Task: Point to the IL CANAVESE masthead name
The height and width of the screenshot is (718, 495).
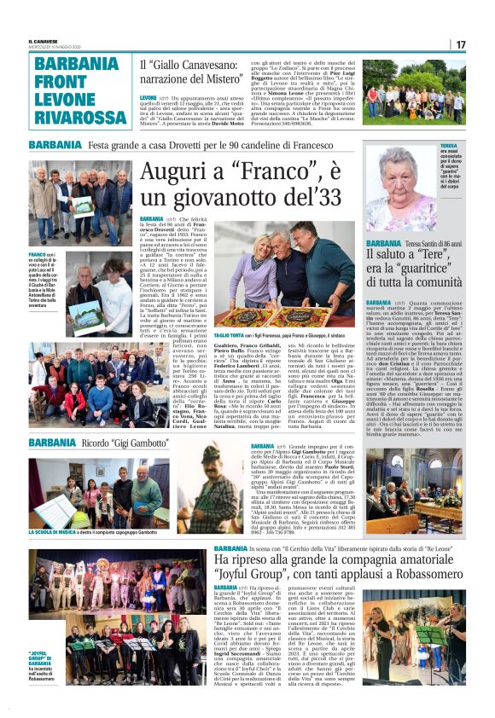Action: coord(43,40)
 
